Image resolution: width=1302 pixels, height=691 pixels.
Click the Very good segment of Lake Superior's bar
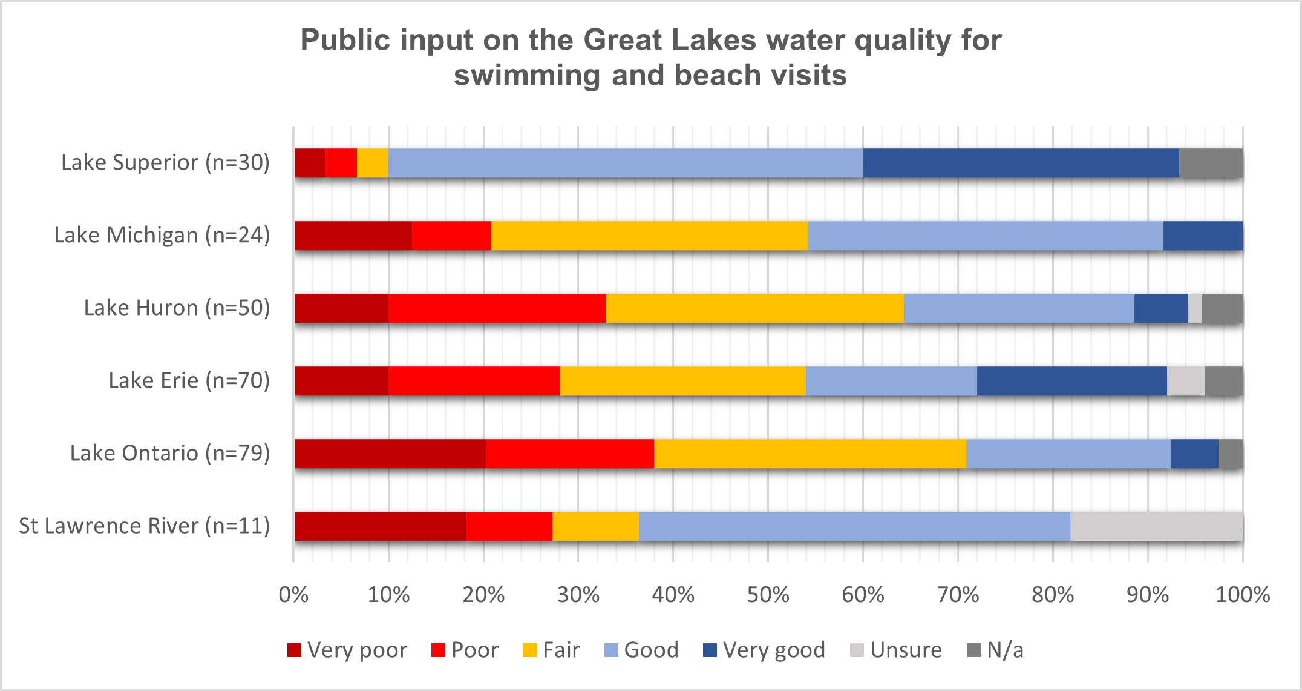point(1021,163)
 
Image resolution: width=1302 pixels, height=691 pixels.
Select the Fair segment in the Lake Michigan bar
point(649,236)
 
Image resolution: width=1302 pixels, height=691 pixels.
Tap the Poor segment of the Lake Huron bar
point(497,308)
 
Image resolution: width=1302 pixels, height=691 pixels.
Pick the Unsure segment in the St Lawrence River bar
point(1156,526)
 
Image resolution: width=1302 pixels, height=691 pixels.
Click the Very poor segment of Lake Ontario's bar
point(390,454)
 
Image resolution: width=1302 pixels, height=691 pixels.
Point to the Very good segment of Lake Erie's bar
point(1071,381)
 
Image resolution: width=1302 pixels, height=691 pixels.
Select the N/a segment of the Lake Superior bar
point(1211,163)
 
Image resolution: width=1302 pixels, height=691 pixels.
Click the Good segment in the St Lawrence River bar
point(854,526)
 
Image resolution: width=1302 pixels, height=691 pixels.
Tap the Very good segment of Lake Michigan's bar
point(1203,236)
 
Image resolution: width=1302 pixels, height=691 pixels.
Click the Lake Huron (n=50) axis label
point(177,308)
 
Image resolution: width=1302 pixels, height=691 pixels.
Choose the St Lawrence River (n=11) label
point(144,526)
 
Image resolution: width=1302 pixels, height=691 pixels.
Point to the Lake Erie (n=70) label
point(189,380)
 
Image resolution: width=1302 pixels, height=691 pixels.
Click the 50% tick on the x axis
point(768,595)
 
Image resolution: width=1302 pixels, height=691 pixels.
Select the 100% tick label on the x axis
point(1242,595)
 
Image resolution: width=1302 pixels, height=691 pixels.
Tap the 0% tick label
point(294,595)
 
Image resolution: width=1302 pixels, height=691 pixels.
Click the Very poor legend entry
point(347,650)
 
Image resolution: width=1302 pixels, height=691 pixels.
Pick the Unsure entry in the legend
point(896,650)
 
